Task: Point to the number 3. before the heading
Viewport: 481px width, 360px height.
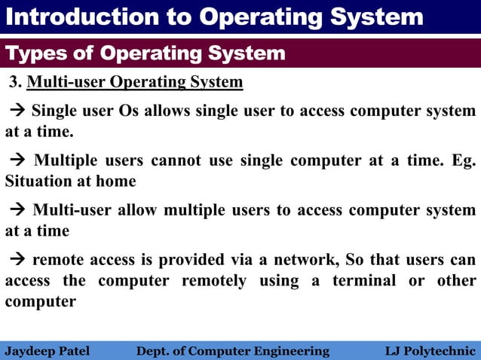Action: click(x=14, y=82)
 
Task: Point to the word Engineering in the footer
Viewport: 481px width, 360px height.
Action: click(x=290, y=350)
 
